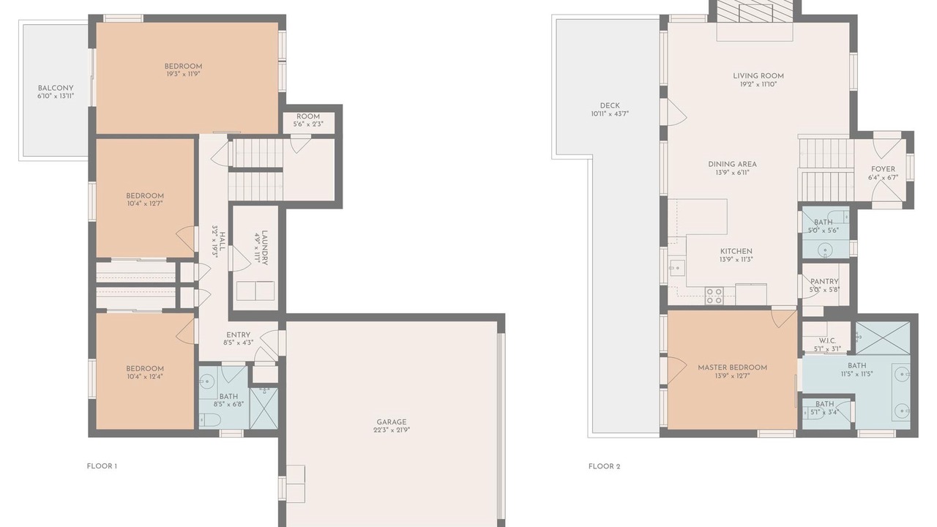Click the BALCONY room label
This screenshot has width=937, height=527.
pos(56,89)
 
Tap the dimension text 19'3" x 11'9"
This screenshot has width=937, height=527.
pos(183,74)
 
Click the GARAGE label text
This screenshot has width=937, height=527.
pos(392,422)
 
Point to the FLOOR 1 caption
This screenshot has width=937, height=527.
pos(102,466)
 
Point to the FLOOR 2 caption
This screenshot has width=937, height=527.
pos(604,466)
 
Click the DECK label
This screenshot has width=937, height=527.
pos(610,106)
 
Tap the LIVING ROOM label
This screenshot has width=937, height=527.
pos(758,76)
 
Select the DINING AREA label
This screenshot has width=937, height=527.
pos(733,165)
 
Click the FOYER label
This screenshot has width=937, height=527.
pos(883,169)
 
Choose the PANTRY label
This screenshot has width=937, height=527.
pos(824,282)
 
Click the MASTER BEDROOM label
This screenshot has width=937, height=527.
pos(733,367)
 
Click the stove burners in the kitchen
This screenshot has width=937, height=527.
pos(714,296)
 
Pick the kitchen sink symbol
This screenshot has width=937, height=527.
pos(676,268)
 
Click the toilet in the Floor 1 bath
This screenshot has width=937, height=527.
pos(209,419)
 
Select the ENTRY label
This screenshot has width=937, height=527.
pos(239,335)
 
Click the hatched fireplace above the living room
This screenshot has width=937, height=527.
pos(755,10)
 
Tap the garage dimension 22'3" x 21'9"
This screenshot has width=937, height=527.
pos(392,430)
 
